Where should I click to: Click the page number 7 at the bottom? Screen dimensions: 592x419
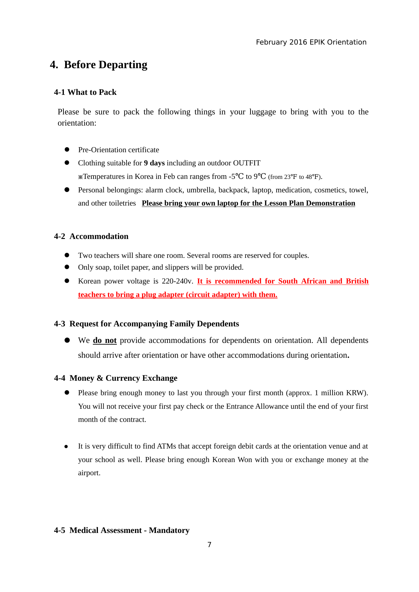point(209,545)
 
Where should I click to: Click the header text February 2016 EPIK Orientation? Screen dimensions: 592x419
point(311,42)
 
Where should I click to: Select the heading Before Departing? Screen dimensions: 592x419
point(105,64)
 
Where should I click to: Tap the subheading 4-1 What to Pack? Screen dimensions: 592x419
point(85,92)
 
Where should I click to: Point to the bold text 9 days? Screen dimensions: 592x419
point(154,163)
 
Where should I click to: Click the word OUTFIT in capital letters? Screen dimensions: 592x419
point(247,163)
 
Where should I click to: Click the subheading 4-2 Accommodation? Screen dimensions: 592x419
point(91,236)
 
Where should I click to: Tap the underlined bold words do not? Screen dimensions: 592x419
point(105,340)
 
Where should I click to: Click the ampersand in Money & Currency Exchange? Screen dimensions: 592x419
point(100,378)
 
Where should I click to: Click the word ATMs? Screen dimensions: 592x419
point(166,446)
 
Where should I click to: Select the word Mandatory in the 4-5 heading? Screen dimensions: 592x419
point(169,530)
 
